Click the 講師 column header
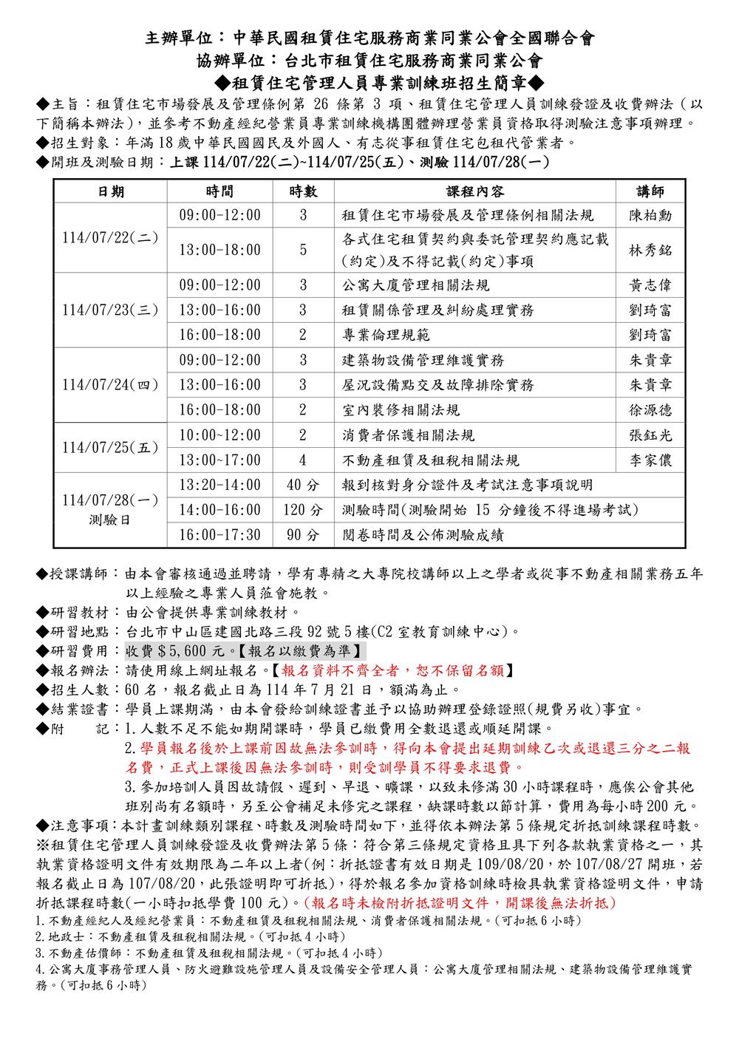click(650, 191)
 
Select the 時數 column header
click(303, 191)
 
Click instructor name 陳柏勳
click(650, 216)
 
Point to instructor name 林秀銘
click(650, 250)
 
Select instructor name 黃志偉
click(650, 285)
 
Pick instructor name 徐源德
click(650, 409)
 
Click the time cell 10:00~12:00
click(220, 435)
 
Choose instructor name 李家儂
click(650, 460)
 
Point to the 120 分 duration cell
click(303, 510)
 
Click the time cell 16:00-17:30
click(220, 534)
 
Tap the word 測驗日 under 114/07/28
click(110, 520)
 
